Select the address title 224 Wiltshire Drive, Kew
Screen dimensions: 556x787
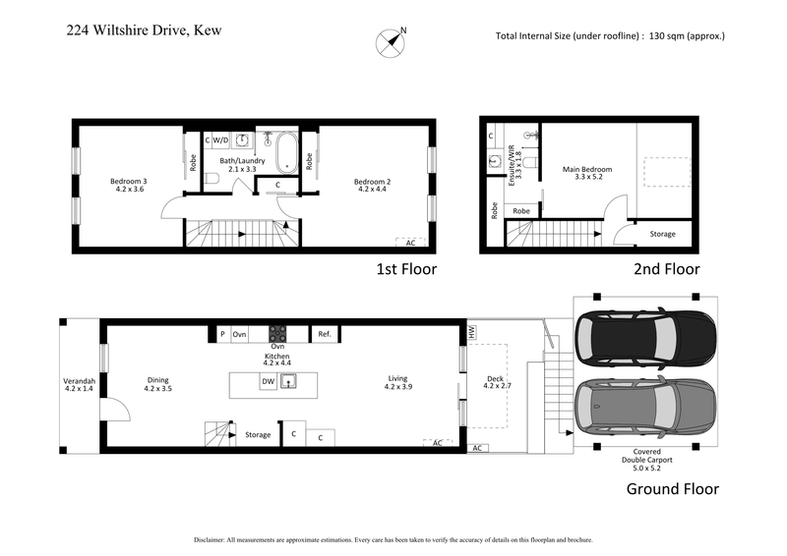(x=145, y=30)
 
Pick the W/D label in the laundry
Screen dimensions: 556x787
(x=221, y=140)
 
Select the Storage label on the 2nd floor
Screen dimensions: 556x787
(x=662, y=234)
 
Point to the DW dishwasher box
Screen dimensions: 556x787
(x=268, y=381)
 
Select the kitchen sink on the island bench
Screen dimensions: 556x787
(x=291, y=381)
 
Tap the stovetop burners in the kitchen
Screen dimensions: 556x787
(x=278, y=333)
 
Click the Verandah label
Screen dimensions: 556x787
(x=79, y=384)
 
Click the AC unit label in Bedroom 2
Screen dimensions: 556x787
(x=409, y=242)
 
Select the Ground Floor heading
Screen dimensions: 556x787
(x=671, y=488)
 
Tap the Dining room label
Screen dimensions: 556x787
(x=157, y=384)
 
